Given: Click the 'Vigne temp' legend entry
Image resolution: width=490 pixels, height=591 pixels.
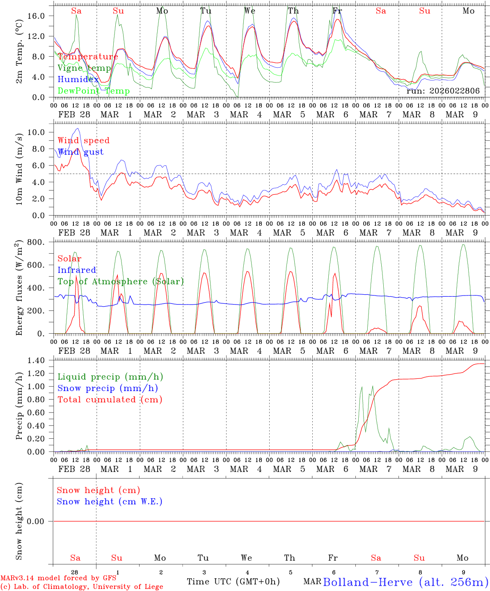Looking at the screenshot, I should click(x=84, y=68).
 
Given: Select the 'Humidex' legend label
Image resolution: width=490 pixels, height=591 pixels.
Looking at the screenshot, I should click(x=78, y=80).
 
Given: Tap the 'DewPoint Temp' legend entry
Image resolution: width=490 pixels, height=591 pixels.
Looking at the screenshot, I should click(x=94, y=91).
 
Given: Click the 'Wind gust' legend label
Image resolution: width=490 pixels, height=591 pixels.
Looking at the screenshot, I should click(x=80, y=152).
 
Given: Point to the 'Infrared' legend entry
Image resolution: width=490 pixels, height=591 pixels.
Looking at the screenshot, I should click(x=77, y=270).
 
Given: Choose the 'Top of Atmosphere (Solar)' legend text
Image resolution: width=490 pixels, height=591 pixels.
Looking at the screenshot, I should click(x=120, y=282).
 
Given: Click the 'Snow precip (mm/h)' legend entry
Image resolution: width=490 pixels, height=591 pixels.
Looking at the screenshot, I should click(x=108, y=388).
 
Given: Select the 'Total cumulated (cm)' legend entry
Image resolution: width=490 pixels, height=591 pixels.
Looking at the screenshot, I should click(x=110, y=400).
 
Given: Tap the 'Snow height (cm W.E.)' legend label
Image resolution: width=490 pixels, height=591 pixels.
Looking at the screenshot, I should click(x=110, y=502).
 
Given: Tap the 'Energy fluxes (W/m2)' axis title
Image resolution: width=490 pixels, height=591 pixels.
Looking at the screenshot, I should click(x=19, y=289).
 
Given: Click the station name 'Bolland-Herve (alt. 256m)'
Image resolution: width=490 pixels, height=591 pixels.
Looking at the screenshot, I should click(x=405, y=582).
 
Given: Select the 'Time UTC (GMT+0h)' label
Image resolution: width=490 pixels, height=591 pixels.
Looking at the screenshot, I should click(x=233, y=582).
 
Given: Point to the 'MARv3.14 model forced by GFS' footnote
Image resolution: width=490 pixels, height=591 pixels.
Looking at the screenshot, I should click(x=58, y=578).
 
